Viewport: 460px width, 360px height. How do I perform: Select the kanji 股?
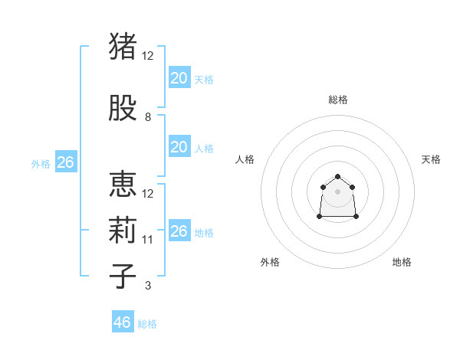click(x=123, y=109)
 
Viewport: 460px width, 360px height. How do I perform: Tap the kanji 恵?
click(x=123, y=185)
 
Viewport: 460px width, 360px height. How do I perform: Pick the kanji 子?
click(x=123, y=276)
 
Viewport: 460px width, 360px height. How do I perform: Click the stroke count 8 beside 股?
click(x=148, y=117)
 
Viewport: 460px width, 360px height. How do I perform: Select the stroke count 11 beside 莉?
click(x=148, y=240)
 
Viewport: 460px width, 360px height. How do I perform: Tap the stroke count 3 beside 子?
click(x=148, y=286)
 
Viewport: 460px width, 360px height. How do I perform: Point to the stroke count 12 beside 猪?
click(x=148, y=56)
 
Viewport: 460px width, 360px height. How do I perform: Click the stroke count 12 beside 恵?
click(x=148, y=194)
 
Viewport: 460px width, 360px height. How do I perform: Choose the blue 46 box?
click(x=123, y=322)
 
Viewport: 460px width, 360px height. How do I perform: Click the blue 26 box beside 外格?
click(x=65, y=162)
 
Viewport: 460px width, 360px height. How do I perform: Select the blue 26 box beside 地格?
click(x=179, y=231)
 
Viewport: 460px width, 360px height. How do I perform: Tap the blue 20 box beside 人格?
click(x=179, y=147)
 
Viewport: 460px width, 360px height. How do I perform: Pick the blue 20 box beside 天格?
click(x=179, y=78)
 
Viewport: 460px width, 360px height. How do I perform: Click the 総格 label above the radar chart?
click(x=338, y=100)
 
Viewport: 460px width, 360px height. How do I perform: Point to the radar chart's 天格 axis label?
click(x=431, y=159)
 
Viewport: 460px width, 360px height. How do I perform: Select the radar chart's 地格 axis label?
click(x=402, y=262)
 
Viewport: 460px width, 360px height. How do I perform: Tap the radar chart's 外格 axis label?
click(x=270, y=262)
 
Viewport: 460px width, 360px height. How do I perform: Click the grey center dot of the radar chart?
click(x=338, y=191)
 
